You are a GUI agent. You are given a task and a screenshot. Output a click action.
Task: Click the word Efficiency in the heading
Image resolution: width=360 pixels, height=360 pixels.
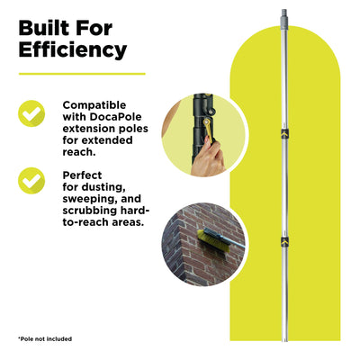73,49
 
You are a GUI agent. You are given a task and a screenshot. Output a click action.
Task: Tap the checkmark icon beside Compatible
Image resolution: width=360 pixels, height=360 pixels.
31,113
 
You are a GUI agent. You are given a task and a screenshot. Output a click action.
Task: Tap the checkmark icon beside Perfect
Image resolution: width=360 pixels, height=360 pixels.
31,181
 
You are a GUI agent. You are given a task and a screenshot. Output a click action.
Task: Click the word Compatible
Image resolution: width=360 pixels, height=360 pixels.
94,105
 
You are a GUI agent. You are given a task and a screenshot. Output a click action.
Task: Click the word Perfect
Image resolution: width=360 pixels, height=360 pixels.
82,175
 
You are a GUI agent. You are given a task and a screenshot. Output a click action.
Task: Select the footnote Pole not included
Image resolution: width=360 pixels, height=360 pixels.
45,339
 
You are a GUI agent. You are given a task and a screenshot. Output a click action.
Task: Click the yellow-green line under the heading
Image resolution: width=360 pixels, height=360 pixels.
82,74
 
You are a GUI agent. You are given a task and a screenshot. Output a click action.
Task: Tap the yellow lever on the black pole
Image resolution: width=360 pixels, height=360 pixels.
209,130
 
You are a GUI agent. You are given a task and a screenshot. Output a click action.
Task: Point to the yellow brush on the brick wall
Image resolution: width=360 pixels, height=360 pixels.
212,240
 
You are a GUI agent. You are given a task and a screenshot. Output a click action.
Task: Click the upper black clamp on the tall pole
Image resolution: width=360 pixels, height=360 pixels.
284,133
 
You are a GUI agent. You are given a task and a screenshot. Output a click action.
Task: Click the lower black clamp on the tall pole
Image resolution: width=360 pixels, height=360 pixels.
284,240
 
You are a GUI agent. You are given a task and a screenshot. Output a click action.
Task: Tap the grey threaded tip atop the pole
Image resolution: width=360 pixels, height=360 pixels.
284,17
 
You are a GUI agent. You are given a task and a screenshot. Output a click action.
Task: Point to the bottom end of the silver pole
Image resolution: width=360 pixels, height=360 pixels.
285,341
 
